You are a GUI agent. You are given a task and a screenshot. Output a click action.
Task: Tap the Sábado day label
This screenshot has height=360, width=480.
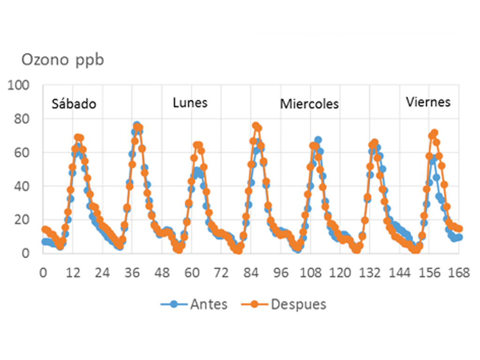coord(74,104)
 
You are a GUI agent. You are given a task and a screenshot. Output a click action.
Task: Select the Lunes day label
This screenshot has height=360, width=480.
coord(190,103)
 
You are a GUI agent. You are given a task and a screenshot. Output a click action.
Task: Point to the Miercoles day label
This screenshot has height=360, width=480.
coord(309,104)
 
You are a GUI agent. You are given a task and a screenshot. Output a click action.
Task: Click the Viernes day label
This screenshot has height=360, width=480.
coord(428,102)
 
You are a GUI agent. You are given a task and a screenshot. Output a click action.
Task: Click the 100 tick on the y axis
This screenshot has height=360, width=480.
coord(19,86)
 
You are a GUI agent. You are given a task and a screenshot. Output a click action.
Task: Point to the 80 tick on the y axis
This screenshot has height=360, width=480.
coord(22,119)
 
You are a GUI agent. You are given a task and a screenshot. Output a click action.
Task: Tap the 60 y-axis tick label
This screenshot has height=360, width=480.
coord(22,153)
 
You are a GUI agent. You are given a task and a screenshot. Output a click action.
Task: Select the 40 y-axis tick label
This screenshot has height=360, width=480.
coord(22,186)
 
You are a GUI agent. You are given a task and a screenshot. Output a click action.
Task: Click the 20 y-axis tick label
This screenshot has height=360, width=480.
coord(22,219)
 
